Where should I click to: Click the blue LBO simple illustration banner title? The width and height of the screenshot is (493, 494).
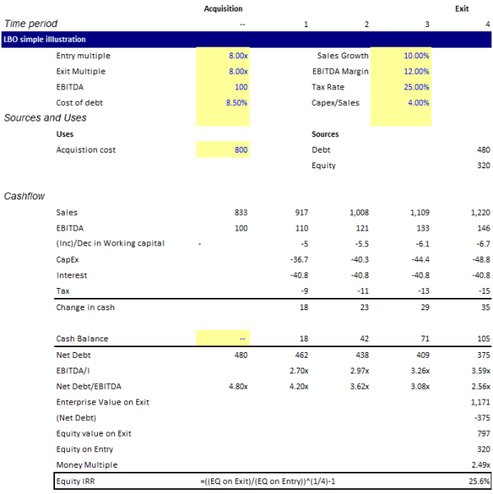[x=44, y=39]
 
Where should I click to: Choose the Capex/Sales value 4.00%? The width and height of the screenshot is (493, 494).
[x=417, y=103]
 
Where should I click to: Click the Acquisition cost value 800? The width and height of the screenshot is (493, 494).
[x=239, y=150]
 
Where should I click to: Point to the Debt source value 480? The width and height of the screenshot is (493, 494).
[x=482, y=150]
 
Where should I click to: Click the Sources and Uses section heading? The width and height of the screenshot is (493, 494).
[x=45, y=118]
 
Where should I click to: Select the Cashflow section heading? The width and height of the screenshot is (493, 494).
[x=24, y=197]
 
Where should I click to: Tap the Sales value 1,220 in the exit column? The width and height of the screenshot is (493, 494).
[x=479, y=213]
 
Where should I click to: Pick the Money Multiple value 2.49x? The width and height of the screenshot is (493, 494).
[x=479, y=464]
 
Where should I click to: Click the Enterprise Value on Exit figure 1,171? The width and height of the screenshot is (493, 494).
[x=479, y=401]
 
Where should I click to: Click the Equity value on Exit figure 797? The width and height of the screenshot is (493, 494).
[x=482, y=432]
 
